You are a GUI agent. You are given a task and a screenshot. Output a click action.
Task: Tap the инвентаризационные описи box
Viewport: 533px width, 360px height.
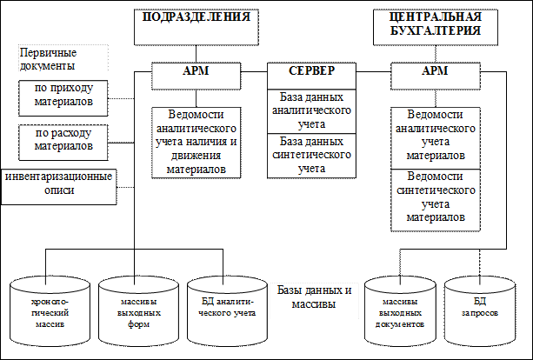pyautogui.click(x=59, y=185)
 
